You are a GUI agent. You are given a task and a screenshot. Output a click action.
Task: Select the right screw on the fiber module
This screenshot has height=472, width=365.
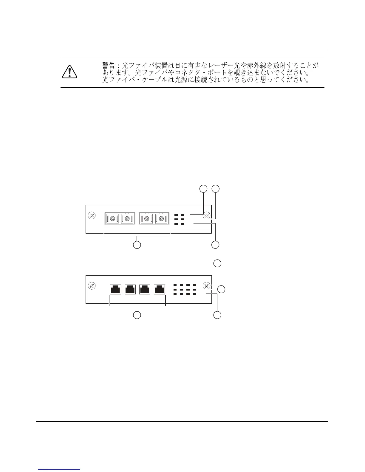pyautogui.click(x=206, y=215)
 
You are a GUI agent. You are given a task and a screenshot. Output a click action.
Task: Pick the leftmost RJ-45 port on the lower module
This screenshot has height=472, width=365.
pyautogui.click(x=115, y=289)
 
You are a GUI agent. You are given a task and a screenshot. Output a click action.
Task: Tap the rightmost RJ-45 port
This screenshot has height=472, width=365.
pyautogui.click(x=159, y=289)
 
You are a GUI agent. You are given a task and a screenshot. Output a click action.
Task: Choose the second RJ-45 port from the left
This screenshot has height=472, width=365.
pyautogui.click(x=130, y=289)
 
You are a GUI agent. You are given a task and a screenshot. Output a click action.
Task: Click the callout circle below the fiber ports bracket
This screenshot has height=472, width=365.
pyautogui.click(x=137, y=245)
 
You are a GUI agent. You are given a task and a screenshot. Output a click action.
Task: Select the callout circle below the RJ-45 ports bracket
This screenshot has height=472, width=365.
pyautogui.click(x=137, y=315)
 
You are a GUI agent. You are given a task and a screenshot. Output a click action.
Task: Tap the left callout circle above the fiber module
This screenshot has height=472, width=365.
pyautogui.click(x=203, y=188)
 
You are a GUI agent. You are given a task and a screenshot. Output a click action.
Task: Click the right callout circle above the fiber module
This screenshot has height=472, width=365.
pyautogui.click(x=215, y=188)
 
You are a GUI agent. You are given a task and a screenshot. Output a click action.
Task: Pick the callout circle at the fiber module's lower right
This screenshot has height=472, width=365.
pyautogui.click(x=215, y=245)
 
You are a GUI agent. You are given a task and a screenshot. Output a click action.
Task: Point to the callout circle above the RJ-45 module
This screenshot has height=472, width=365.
pyautogui.click(x=218, y=263)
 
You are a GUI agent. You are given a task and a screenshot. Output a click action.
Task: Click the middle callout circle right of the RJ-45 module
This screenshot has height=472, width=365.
pyautogui.click(x=221, y=289)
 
